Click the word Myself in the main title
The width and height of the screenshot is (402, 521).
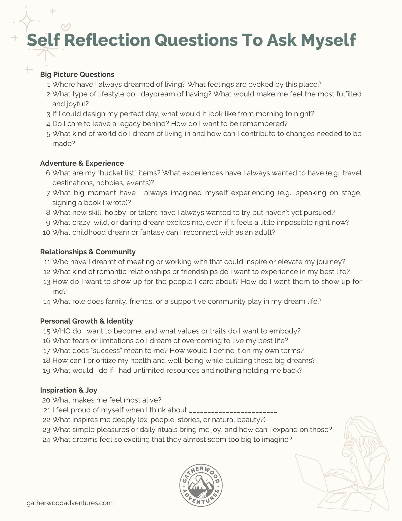point(328,40)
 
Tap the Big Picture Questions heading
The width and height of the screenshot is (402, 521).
point(77,74)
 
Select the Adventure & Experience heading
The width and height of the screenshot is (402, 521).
point(82,163)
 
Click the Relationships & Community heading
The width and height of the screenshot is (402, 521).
point(88,252)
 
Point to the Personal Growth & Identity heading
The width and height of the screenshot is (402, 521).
point(87,321)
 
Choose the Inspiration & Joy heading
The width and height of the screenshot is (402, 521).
point(68,390)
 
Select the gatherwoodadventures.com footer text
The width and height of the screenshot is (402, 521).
point(70,503)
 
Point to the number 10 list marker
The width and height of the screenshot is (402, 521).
point(47,233)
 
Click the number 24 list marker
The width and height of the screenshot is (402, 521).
point(47,440)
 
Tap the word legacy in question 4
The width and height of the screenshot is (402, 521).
point(129,124)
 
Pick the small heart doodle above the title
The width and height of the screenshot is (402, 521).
point(66,27)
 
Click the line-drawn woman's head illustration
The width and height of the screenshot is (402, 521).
point(362,434)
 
